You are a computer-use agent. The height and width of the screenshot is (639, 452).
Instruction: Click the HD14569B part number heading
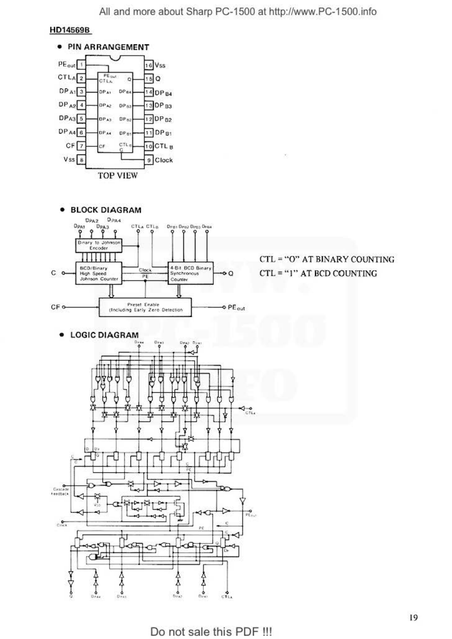pos(70,30)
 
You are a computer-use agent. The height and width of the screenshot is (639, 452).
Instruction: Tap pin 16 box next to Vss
pos(149,65)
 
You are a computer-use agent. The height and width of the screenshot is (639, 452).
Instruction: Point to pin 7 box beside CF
pos(81,146)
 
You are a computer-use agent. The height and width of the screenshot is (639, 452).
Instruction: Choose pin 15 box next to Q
pos(149,79)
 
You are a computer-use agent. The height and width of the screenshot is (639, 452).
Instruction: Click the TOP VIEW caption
pos(118,175)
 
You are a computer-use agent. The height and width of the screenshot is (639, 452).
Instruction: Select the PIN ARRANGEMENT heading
pos(108,47)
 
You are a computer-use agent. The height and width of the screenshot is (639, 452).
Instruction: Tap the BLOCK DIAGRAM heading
pos(106,210)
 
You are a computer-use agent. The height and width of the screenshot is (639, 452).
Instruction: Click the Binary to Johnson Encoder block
pos(99,245)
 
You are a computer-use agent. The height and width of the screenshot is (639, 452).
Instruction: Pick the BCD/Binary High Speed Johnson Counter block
pos(99,273)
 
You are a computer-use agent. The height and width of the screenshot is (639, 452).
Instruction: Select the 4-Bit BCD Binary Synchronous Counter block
pos(190,273)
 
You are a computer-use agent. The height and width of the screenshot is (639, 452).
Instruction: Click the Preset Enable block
pos(145,307)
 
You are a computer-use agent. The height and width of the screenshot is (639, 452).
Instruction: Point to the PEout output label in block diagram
pos(236,307)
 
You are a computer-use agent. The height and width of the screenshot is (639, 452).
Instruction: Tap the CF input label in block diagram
pos(55,307)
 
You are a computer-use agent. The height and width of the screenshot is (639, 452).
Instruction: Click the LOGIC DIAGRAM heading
pos(104,335)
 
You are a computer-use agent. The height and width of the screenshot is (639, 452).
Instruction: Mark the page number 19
pos(413,617)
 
